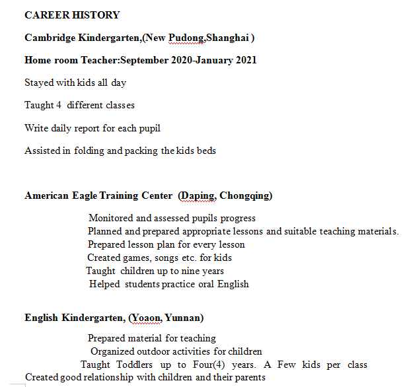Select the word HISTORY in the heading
96,15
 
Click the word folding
89,150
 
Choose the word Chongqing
245,195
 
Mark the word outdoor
155,351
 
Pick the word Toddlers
136,365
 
